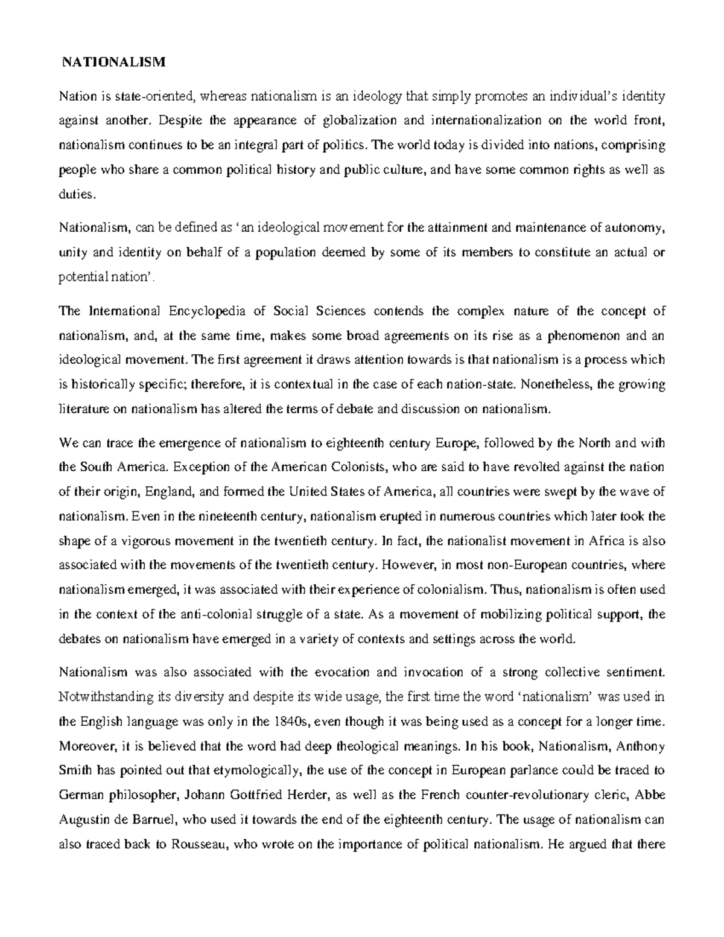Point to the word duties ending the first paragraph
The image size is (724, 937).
[76, 194]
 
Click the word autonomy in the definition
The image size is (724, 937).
[634, 227]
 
